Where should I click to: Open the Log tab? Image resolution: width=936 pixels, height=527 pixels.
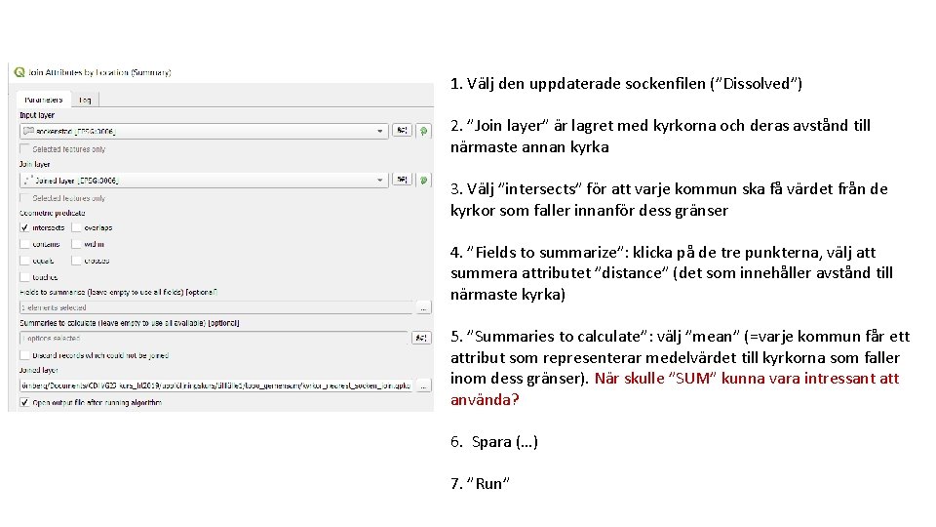pos(85,100)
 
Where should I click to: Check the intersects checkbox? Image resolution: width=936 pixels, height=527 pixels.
pos(24,228)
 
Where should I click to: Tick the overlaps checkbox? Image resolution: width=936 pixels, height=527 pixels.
pos(76,228)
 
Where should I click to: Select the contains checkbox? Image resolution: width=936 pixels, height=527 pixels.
pos(24,245)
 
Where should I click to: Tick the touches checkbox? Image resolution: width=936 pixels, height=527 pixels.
pos(24,277)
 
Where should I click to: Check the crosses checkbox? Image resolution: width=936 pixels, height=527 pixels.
pos(76,261)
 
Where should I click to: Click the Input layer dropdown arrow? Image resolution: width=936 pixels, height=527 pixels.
pos(380,131)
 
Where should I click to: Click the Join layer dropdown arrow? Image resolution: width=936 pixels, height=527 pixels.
pos(380,180)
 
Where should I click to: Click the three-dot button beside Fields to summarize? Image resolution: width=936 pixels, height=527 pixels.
pos(422,307)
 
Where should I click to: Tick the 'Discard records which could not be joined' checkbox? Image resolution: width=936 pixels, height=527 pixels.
pos(24,355)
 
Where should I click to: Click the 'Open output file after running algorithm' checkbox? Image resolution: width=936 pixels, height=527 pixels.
pos(24,401)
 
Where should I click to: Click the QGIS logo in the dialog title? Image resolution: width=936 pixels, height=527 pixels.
pos(18,71)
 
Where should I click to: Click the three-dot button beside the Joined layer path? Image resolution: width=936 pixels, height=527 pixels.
pos(422,385)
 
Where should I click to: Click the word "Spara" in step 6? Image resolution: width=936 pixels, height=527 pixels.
pos(490,442)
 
